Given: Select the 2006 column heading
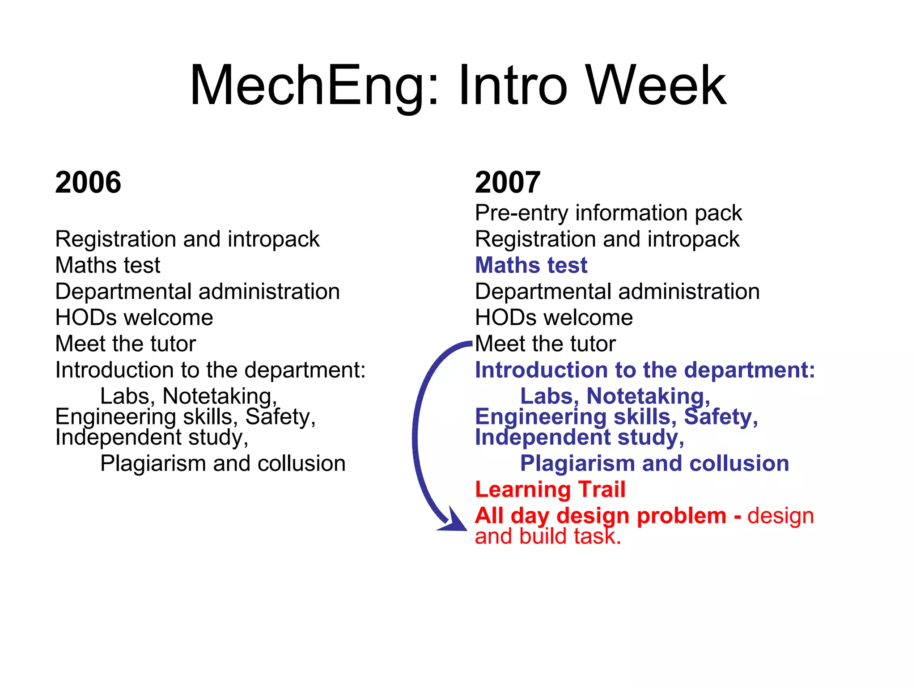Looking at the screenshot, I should [88, 182].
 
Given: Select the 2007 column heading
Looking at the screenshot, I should [508, 182].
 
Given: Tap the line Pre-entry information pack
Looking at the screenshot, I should [608, 213].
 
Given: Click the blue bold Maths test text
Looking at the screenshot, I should [531, 265].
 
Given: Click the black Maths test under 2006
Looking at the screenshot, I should [107, 265].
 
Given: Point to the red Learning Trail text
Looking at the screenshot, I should [550, 489].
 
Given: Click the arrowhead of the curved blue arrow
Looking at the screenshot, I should [454, 522].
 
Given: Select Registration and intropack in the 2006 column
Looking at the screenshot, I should [187, 239].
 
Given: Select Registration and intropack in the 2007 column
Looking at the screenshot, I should [607, 239].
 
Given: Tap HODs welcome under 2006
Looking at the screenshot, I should [134, 318].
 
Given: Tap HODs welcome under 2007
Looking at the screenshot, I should [554, 318].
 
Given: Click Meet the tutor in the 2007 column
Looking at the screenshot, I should [545, 344].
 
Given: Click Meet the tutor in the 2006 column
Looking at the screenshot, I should [125, 344].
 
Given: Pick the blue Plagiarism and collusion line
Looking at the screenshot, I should [654, 464].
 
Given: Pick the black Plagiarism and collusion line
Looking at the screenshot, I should [223, 464].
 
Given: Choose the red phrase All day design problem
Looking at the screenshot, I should [600, 516].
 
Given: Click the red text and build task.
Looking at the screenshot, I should [548, 537].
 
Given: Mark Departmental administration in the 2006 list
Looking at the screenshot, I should [197, 292].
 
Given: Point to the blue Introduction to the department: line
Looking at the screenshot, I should [645, 370].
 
